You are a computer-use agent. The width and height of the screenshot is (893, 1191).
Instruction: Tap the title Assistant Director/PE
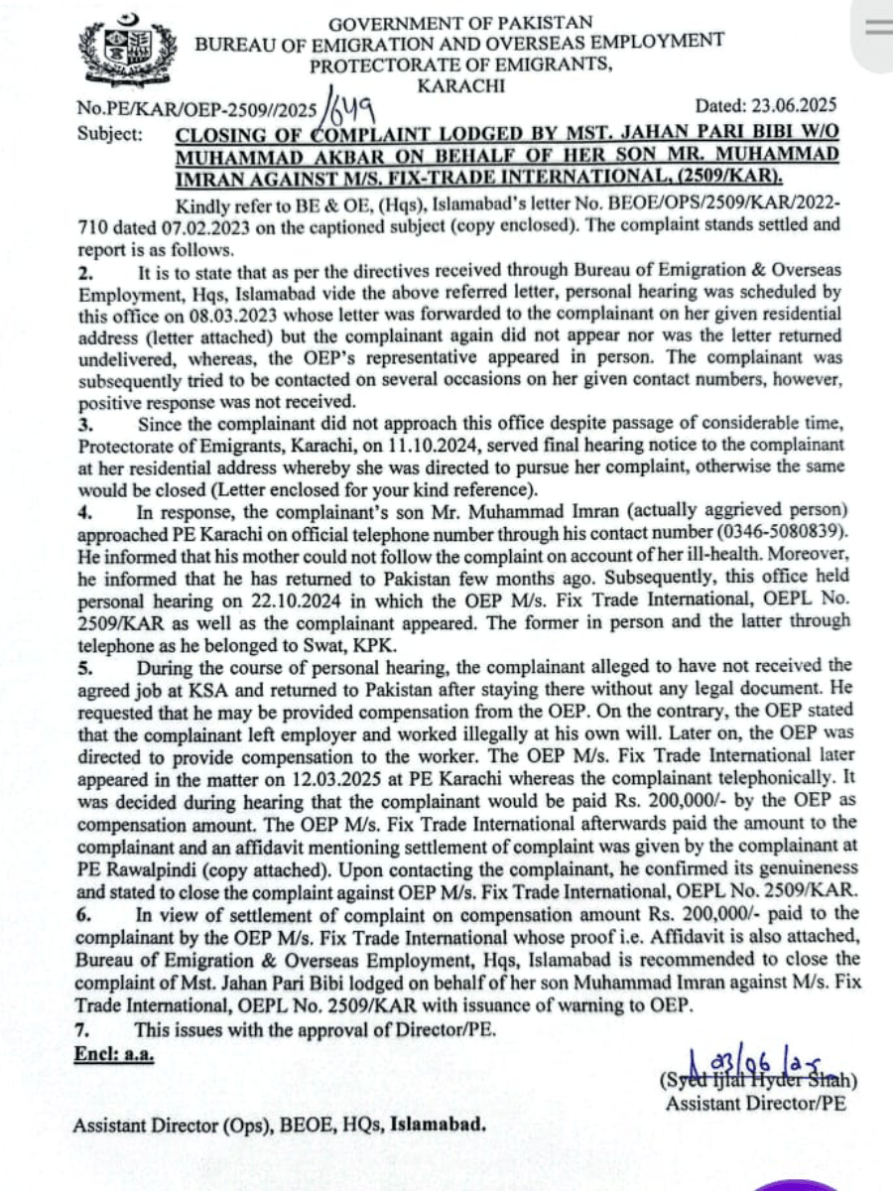click(755, 1103)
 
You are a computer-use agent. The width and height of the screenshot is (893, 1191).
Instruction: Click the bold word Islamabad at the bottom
click(439, 1125)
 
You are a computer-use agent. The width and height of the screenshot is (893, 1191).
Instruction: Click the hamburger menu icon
click(877, 27)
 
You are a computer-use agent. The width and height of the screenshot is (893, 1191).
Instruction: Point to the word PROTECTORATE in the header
click(383, 66)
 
